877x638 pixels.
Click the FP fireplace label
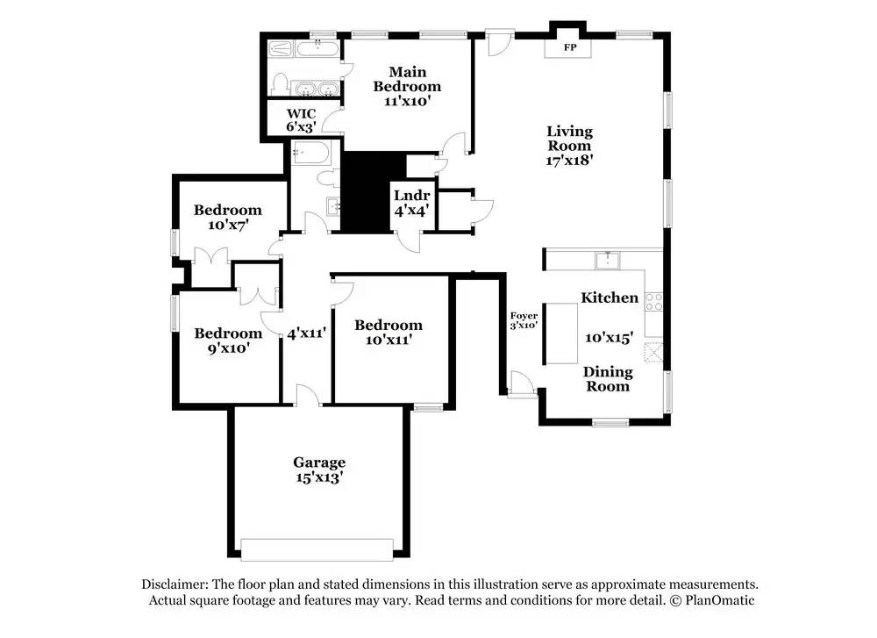(x=570, y=47)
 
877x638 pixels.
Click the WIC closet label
(x=301, y=113)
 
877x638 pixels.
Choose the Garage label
(x=318, y=462)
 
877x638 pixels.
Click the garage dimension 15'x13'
(x=318, y=478)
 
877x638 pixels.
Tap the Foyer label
(x=524, y=316)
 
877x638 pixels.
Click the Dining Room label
(x=608, y=378)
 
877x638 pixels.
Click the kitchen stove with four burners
(x=653, y=302)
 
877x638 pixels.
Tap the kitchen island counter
(x=561, y=333)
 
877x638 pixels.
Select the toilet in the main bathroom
(x=280, y=84)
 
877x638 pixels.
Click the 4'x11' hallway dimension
(x=306, y=333)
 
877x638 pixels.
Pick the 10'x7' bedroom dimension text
(x=227, y=225)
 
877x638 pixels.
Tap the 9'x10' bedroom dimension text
(x=227, y=348)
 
